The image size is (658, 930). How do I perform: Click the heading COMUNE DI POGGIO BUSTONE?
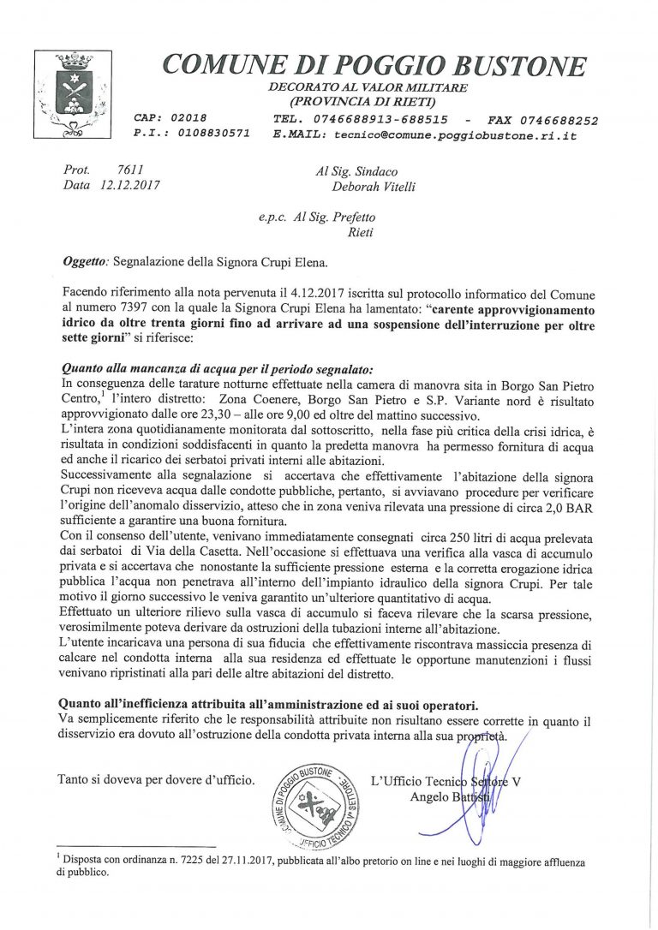374,65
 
